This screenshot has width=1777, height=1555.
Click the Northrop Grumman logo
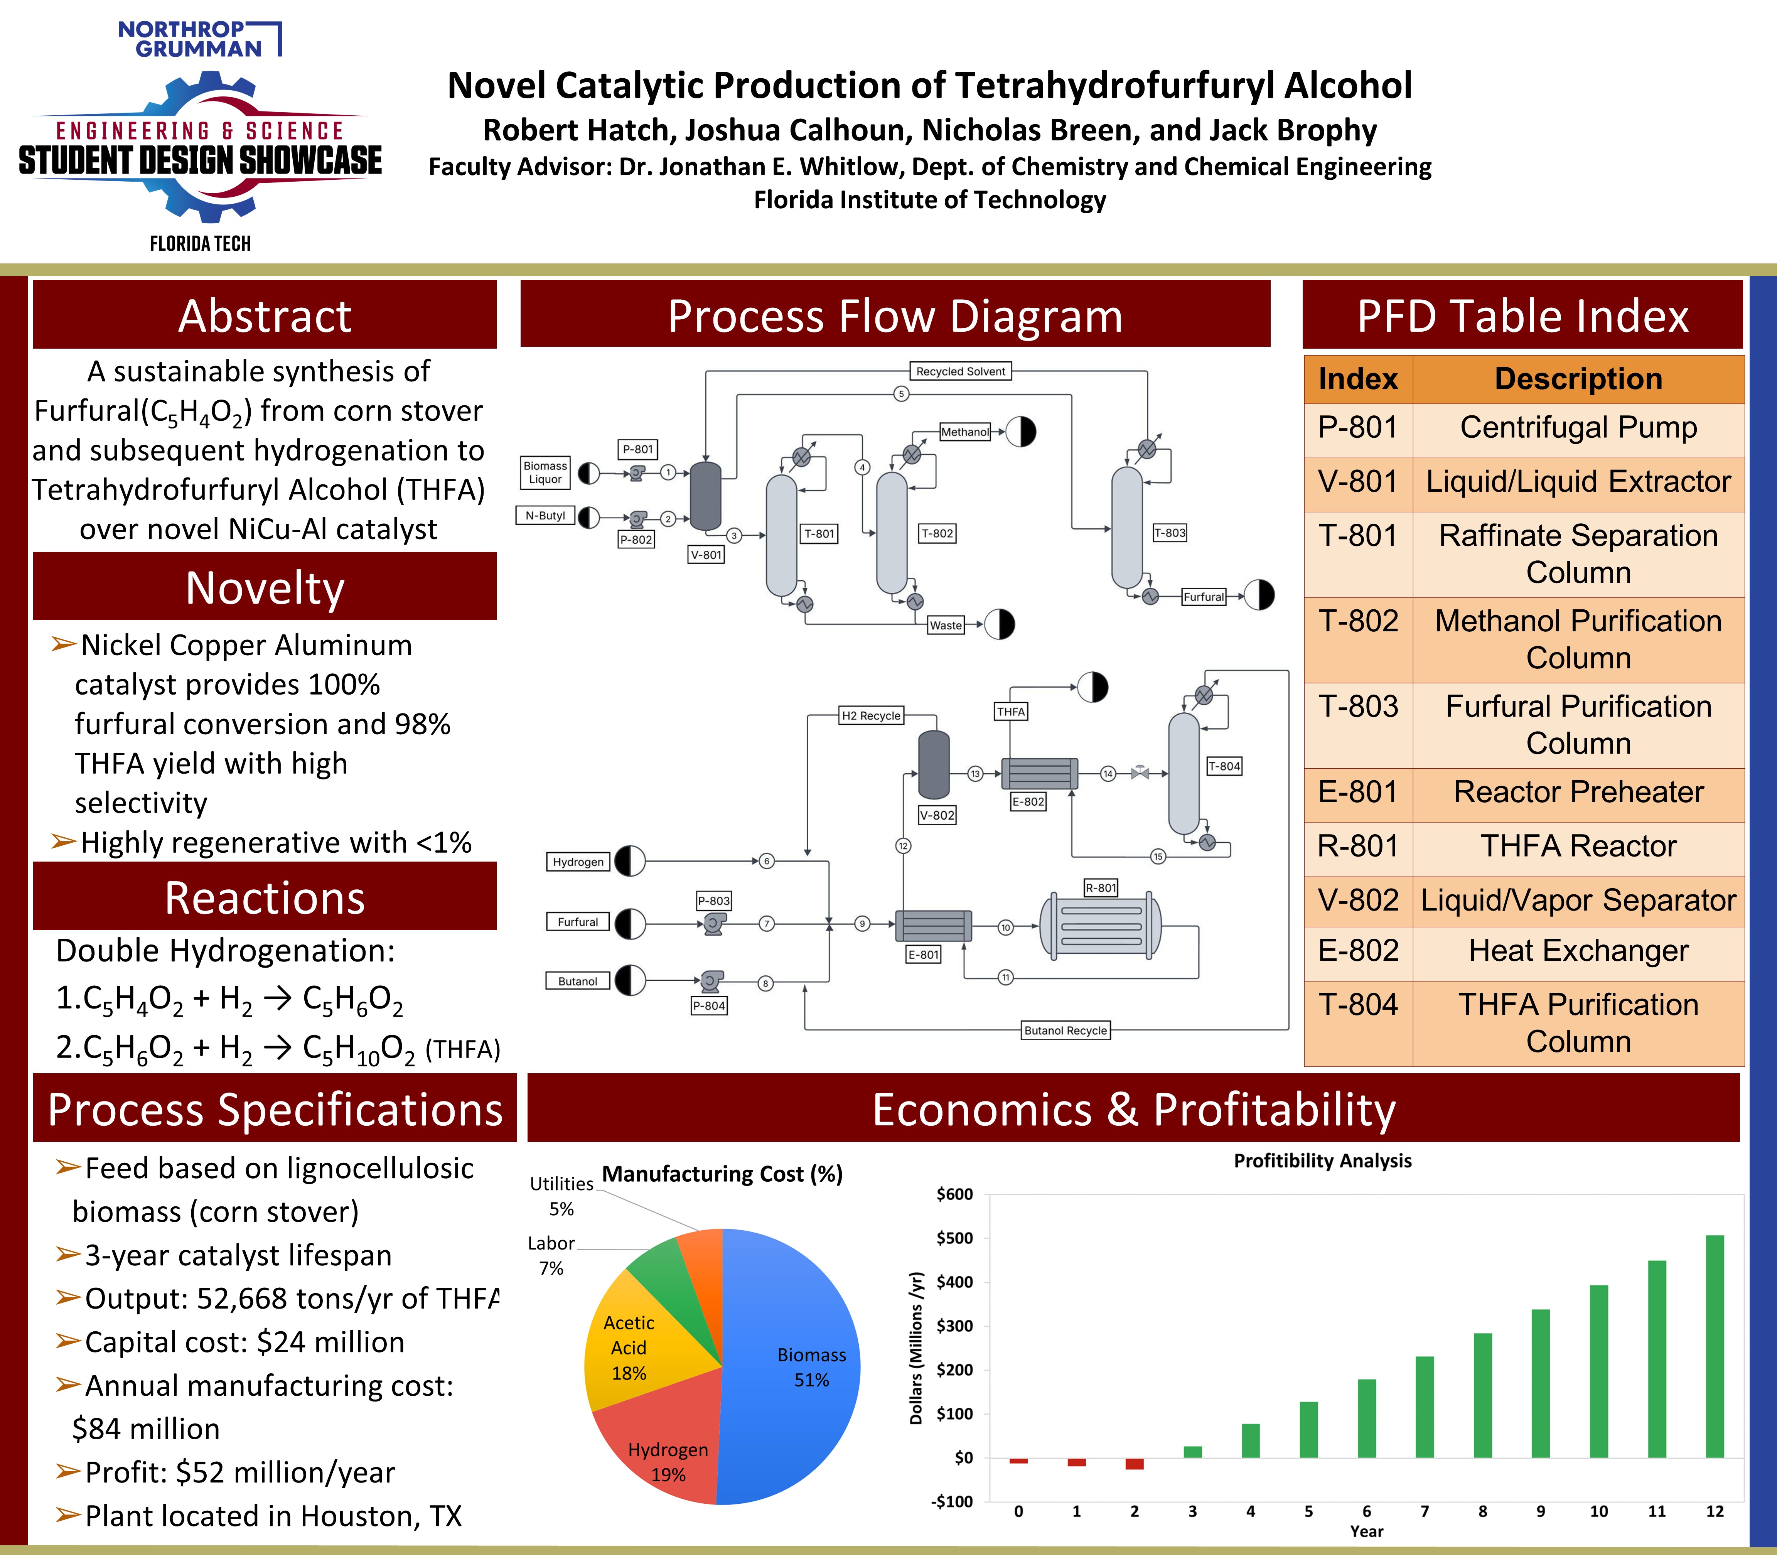[200, 39]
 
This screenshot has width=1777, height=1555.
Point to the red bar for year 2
[1134, 1464]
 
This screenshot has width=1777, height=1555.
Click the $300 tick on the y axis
[954, 1326]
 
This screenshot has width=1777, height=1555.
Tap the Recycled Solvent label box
[961, 371]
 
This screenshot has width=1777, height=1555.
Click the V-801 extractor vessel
[705, 496]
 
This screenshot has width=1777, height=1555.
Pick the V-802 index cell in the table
[1358, 901]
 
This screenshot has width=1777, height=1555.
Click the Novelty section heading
[265, 587]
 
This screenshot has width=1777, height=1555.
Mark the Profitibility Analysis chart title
[1322, 1161]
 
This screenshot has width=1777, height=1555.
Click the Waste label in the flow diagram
[946, 625]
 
